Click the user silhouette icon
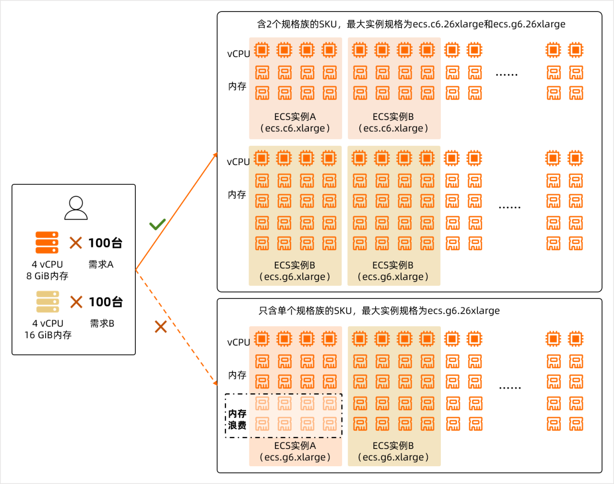click(76, 208)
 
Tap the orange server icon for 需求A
click(47, 242)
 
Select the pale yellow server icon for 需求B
click(47, 302)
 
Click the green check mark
click(157, 224)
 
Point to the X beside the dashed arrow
click(161, 327)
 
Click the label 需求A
click(101, 264)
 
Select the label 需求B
click(102, 323)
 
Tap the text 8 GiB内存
click(47, 276)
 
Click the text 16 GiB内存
click(48, 335)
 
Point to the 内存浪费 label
click(237, 419)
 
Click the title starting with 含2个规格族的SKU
click(411, 24)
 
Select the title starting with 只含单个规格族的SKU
click(379, 310)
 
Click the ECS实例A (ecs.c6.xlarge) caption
click(295, 122)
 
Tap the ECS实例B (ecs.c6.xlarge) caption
click(393, 122)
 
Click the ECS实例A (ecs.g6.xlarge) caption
click(295, 451)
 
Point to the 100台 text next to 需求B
click(106, 302)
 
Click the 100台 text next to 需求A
click(105, 243)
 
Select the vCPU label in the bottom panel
click(238, 342)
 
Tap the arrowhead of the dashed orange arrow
click(215, 383)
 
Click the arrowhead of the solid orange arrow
click(216, 155)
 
